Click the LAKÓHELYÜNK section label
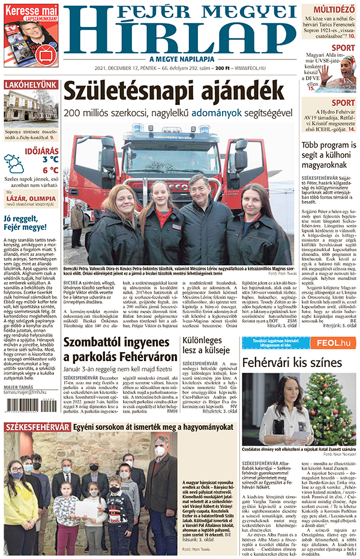31,85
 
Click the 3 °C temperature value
50,160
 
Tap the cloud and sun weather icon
14,163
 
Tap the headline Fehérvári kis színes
292,363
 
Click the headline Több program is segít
327,158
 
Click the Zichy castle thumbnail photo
31,109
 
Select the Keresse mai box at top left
31,35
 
